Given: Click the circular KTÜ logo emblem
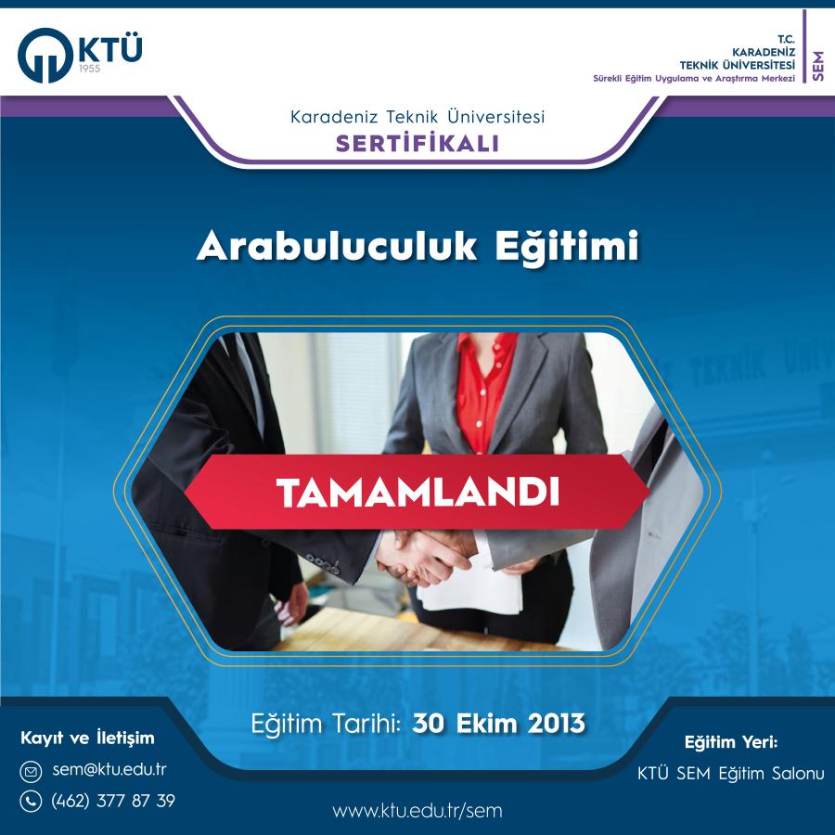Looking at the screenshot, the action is pyautogui.click(x=45, y=56).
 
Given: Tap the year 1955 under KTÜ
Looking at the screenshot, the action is pyautogui.click(x=89, y=69).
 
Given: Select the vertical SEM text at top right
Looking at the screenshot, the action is pyautogui.click(x=818, y=66).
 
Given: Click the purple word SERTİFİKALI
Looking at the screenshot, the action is pyautogui.click(x=417, y=143).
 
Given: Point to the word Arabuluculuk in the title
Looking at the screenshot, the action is pyautogui.click(x=337, y=247).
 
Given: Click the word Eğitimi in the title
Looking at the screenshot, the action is pyautogui.click(x=567, y=248).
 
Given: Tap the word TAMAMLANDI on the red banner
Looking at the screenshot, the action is pyautogui.click(x=418, y=493).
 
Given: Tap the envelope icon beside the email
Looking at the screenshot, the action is pyautogui.click(x=31, y=772).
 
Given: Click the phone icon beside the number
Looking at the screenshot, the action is pyautogui.click(x=31, y=801).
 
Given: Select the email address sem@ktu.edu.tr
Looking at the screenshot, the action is pyautogui.click(x=109, y=770).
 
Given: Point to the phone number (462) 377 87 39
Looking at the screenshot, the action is pyautogui.click(x=113, y=801).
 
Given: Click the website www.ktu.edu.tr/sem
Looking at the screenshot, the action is pyautogui.click(x=417, y=811).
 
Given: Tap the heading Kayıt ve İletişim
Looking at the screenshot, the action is pyautogui.click(x=87, y=739).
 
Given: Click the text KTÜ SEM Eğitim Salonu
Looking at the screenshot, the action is pyautogui.click(x=731, y=774).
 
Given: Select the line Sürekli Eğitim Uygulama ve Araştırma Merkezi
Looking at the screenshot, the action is pyautogui.click(x=694, y=79).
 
